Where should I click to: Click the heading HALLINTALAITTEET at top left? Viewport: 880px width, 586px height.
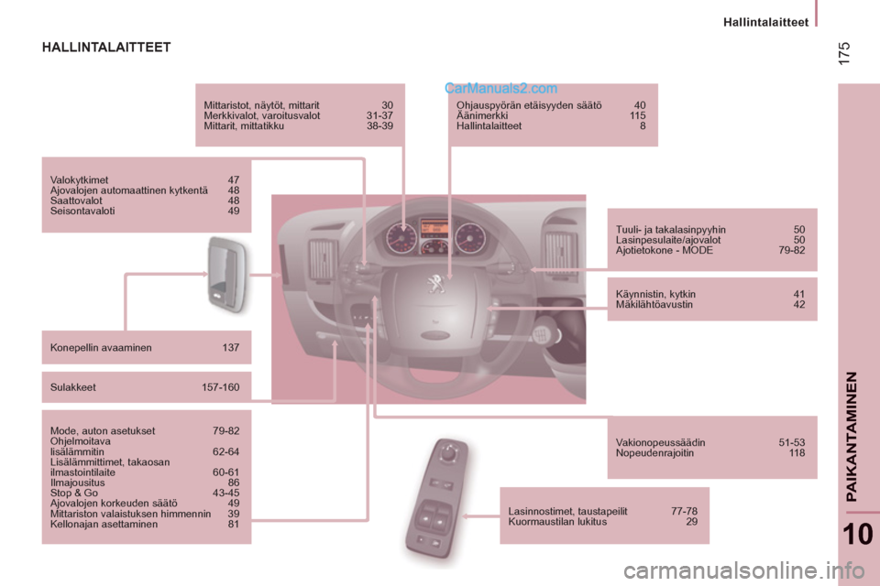106,47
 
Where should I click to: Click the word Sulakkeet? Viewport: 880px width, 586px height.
73,387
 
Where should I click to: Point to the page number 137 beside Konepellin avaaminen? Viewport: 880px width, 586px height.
230,347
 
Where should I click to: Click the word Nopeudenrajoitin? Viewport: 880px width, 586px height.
655,452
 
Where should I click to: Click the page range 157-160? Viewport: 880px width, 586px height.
220,387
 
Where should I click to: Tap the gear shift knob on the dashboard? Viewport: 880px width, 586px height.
544,336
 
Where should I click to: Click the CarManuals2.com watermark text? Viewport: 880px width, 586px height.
500,89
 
